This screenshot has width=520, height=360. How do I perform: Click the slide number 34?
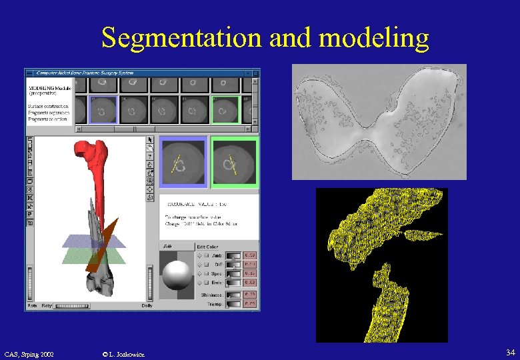pos(510,352)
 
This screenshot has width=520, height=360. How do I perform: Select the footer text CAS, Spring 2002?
pos(34,353)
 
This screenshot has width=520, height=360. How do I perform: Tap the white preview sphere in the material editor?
pos(177,275)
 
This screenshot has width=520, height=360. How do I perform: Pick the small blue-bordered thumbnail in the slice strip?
pos(103,109)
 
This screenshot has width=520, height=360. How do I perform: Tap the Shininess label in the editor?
pos(211,294)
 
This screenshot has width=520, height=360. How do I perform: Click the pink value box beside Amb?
pos(251,255)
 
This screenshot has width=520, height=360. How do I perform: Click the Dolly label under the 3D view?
pos(147,305)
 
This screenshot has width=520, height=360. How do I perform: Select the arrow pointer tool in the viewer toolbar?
pos(151,140)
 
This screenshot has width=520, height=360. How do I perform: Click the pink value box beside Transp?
pos(251,303)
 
